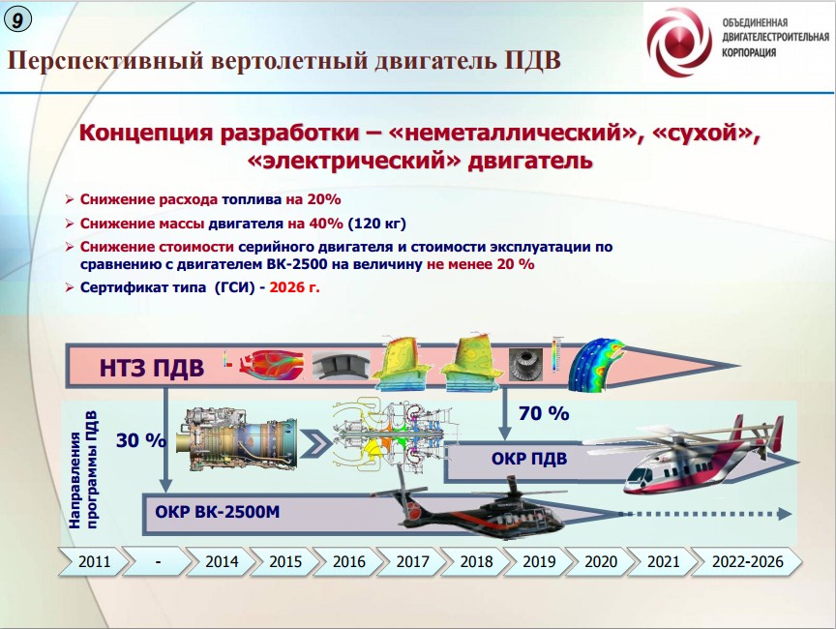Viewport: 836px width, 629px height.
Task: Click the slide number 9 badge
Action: click(17, 19)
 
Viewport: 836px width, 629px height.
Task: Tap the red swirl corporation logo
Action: click(679, 43)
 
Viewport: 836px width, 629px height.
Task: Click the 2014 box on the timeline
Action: click(222, 561)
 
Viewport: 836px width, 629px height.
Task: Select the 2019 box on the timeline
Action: click(539, 561)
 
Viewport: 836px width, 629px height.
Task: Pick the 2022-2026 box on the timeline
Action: click(748, 561)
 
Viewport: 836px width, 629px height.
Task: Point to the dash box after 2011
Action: click(159, 561)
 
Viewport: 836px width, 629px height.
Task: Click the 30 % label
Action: click(140, 440)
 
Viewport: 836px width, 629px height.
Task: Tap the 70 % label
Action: click(544, 413)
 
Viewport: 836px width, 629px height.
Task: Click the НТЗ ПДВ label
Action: click(151, 368)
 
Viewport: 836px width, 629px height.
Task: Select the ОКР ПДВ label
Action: click(529, 459)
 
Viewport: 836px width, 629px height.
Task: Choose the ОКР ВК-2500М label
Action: click(217, 512)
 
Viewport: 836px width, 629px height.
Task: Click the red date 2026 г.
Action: click(295, 287)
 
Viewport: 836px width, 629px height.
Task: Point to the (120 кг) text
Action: click(377, 224)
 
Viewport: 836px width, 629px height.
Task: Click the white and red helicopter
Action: click(699, 459)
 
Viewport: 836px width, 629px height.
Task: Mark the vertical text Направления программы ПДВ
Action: click(83, 469)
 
